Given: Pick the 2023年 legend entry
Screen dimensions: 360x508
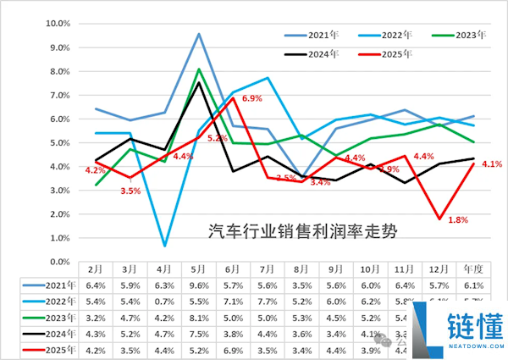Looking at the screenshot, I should pos(470,35).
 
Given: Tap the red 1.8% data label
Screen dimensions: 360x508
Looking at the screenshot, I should pos(457,220).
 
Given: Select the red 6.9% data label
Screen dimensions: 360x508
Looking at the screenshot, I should pos(252,99).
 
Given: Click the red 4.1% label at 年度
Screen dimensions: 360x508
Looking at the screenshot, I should pos(492,163).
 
